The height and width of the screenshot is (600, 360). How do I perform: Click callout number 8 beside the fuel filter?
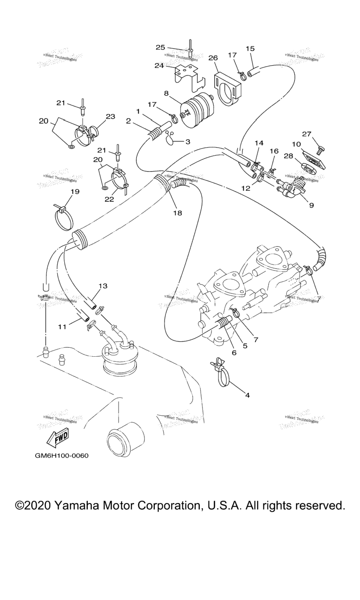[x=166, y=93]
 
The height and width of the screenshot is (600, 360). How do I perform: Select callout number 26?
[x=213, y=58]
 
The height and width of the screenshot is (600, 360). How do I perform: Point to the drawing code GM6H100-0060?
[x=61, y=456]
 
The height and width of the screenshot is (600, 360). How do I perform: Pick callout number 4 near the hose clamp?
[x=247, y=395]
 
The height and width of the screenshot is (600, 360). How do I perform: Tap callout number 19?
[x=75, y=191]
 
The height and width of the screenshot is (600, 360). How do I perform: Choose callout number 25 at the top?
[x=160, y=47]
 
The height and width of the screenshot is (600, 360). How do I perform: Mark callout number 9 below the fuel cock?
[x=312, y=205]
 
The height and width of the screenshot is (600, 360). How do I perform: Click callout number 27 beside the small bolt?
[x=307, y=134]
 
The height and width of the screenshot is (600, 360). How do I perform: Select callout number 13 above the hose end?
[x=103, y=285]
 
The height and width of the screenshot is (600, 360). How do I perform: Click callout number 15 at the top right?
[x=250, y=48]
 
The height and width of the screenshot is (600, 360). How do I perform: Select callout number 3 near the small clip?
[x=187, y=141]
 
